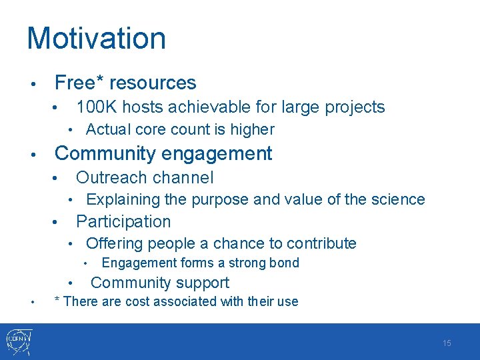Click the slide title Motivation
pyautogui.click(x=96, y=39)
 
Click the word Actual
pyautogui.click(x=107, y=129)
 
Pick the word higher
pyautogui.click(x=251, y=129)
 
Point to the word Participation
pyautogui.click(x=123, y=221)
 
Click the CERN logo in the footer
pyautogui.click(x=20, y=342)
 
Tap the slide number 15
pyautogui.click(x=447, y=343)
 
